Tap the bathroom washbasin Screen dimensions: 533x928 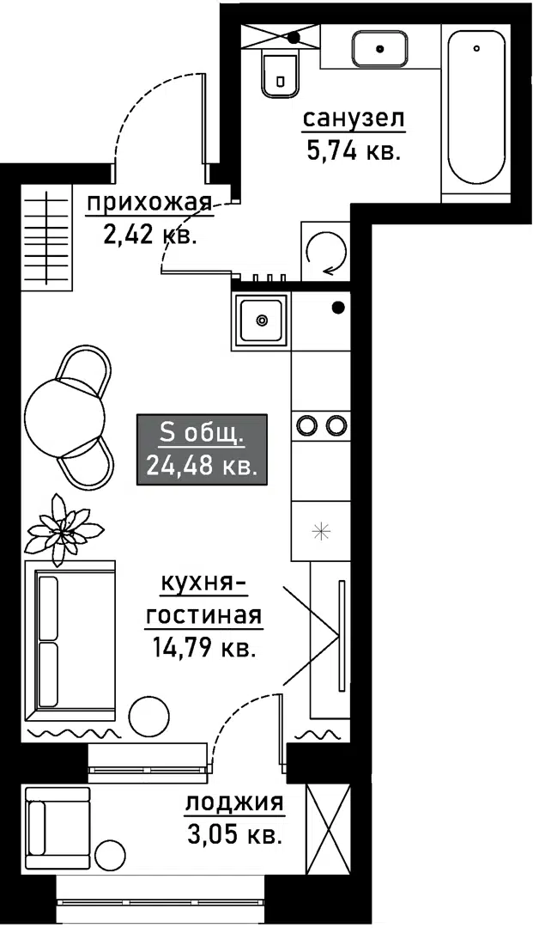(380, 48)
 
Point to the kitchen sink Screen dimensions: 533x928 (261, 320)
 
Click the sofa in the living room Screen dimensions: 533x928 (70, 640)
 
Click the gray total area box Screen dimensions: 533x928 (202, 449)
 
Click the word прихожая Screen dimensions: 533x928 (149, 205)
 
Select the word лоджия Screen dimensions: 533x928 (234, 804)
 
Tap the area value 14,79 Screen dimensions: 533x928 (176, 649)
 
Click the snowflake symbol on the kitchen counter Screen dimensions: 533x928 (322, 531)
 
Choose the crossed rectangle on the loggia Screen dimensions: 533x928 (329, 830)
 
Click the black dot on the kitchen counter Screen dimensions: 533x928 (338, 307)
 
